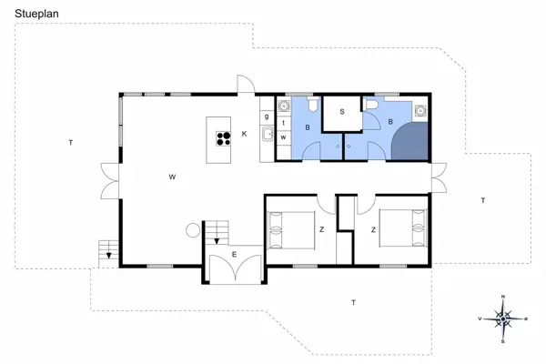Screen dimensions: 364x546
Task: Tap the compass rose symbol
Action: [x=503, y=318]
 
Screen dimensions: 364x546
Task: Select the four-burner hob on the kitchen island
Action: [x=221, y=139]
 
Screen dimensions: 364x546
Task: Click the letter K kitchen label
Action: [x=244, y=134]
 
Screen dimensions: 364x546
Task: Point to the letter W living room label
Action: [x=171, y=177]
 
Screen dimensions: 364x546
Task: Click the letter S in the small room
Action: [x=342, y=111]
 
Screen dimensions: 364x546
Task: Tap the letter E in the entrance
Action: [x=234, y=254]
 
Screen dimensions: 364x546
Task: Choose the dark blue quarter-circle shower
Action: [x=410, y=142]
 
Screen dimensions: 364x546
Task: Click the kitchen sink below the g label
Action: [x=268, y=136]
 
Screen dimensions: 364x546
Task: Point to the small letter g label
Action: [x=267, y=116]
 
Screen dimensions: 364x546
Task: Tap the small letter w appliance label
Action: [x=284, y=136]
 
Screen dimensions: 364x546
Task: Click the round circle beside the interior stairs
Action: [x=193, y=230]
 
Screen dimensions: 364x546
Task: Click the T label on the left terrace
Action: [x=69, y=143]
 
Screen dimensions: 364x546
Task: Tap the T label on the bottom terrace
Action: [x=353, y=301]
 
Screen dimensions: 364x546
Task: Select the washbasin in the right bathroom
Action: [x=420, y=113]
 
